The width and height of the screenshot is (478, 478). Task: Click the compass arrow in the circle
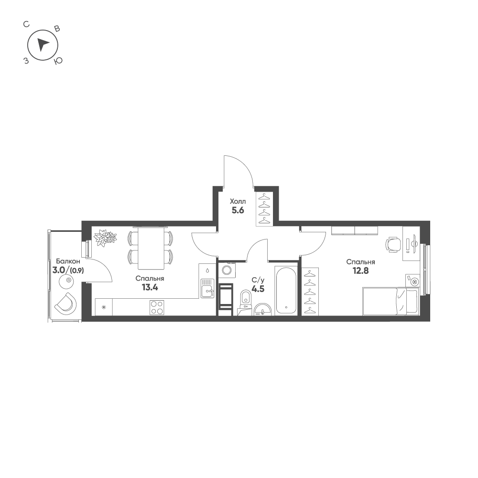pos(42,44)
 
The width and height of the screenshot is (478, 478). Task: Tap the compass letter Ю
pos(58,61)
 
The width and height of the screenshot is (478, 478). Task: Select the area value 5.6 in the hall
pos(238,210)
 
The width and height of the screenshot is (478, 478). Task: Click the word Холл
pos(238,202)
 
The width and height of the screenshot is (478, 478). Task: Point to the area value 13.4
pos(150,287)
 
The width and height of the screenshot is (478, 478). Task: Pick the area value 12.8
pos(360,271)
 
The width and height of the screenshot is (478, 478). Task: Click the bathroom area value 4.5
pos(258,289)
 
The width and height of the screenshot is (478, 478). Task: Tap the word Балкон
pos(68,261)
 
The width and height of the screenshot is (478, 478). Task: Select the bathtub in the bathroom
pos(286,290)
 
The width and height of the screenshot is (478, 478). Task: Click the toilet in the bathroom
pos(245,298)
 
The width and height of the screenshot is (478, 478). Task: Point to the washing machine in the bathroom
pos(227,270)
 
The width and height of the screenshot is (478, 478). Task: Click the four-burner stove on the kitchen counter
pos(157,307)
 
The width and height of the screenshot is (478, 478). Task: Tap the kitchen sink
pos(207,288)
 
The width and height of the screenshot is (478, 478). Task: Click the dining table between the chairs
pos(150,248)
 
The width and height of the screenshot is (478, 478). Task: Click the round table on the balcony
pos(69,280)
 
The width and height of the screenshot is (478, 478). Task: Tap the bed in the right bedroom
pos(391,301)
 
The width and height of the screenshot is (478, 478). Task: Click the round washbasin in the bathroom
pos(262,309)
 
